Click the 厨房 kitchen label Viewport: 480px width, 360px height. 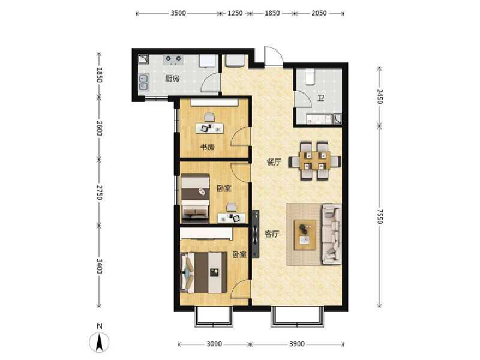click(x=172, y=79)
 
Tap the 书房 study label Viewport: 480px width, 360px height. click(x=207, y=147)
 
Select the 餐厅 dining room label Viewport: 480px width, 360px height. click(x=274, y=162)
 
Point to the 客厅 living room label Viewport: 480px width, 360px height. click(x=272, y=234)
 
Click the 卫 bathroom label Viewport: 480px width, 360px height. click(x=320, y=98)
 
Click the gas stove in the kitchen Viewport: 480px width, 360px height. click(x=173, y=59)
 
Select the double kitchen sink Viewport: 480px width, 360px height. click(x=143, y=82)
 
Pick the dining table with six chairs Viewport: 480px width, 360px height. click(x=314, y=160)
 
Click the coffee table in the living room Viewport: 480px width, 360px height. click(x=305, y=235)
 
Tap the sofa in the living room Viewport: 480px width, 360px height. click(x=332, y=234)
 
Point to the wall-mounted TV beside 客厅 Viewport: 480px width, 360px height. click(x=256, y=234)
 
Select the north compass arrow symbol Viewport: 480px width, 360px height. click(x=99, y=342)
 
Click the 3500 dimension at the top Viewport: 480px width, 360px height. click(x=178, y=13)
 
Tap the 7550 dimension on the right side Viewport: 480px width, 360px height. click(x=380, y=217)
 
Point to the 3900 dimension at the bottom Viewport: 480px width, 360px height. click(x=297, y=344)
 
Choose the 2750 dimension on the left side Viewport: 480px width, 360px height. click(x=99, y=192)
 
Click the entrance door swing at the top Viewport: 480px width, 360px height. click(x=272, y=56)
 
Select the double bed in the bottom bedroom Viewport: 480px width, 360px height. click(x=204, y=272)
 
